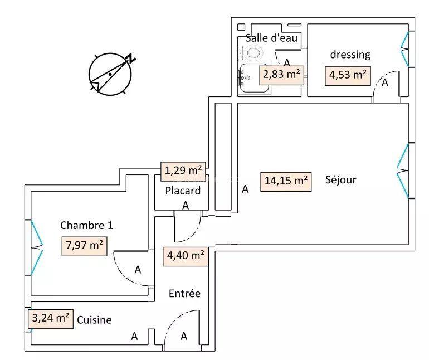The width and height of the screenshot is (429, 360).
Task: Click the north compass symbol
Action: pyautogui.click(x=110, y=74)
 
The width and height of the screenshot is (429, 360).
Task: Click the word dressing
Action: pyautogui.click(x=350, y=55)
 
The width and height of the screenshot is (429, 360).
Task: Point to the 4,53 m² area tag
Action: pyautogui.click(x=348, y=75)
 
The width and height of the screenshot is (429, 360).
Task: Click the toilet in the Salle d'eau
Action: pyautogui.click(x=253, y=53)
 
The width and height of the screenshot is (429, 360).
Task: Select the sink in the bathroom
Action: pyautogui.click(x=248, y=77)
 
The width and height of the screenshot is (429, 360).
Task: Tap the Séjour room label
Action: pyautogui.click(x=340, y=180)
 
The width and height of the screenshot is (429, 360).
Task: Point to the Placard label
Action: pyautogui.click(x=183, y=191)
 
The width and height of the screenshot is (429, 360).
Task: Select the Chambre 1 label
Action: pyautogui.click(x=86, y=226)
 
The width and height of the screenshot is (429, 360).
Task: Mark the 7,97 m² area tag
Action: pyautogui.click(x=84, y=245)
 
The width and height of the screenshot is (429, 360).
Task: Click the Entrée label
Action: pyautogui.click(x=184, y=294)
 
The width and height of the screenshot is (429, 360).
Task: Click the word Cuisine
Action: pyautogui.click(x=95, y=320)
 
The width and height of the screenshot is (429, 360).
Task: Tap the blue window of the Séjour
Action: pyautogui.click(x=403, y=171)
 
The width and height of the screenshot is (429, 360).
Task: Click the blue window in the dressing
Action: pyautogui.click(x=406, y=50)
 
